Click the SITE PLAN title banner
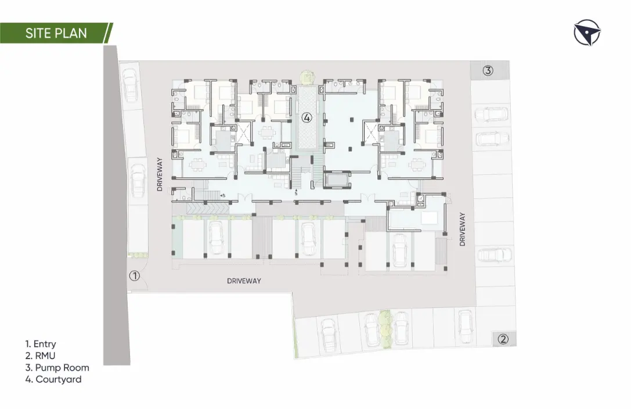[56, 33]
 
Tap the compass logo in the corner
[587, 32]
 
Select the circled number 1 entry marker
[135, 276]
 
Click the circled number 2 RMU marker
[503, 339]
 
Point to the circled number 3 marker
[488, 70]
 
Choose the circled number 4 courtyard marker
[307, 117]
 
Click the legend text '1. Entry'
[41, 344]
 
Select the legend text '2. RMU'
[40, 356]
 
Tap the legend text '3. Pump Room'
[57, 368]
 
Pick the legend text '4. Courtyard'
[53, 379]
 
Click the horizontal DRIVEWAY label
[244, 281]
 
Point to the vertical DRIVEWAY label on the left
[160, 174]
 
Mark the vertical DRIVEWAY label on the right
[462, 229]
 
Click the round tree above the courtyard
[306, 77]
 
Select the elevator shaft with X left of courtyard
[243, 133]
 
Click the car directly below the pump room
[491, 115]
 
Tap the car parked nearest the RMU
[465, 327]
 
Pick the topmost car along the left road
[130, 85]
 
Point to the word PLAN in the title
[71, 33]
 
